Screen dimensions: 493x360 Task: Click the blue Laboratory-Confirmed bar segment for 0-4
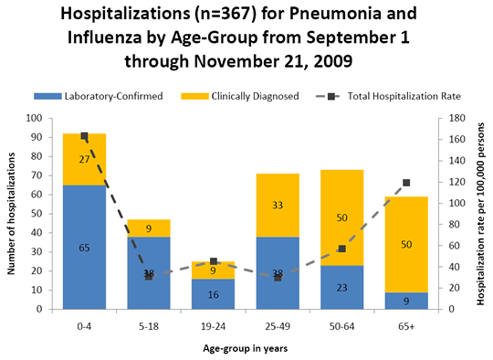84,247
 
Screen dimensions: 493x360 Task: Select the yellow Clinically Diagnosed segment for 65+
406,245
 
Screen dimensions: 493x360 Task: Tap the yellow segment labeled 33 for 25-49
278,206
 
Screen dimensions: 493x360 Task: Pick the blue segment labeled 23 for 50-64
341,287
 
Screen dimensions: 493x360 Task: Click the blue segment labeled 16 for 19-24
213,294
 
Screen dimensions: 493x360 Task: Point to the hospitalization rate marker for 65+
406,183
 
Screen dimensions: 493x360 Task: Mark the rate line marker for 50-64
342,249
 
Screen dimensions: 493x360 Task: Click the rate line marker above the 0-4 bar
84,136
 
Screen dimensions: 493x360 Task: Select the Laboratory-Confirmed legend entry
98,96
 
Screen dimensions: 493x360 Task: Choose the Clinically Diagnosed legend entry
239,96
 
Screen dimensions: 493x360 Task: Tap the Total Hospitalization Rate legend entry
388,96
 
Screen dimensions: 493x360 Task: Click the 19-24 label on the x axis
213,326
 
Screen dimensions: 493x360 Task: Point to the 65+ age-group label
406,326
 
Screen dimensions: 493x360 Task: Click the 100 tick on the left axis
35,118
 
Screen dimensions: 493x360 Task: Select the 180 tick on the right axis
456,118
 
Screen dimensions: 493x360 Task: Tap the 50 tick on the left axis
37,214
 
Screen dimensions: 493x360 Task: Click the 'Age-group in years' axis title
246,349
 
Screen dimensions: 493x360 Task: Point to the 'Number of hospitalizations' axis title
11,214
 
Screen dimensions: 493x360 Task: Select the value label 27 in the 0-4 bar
84,160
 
